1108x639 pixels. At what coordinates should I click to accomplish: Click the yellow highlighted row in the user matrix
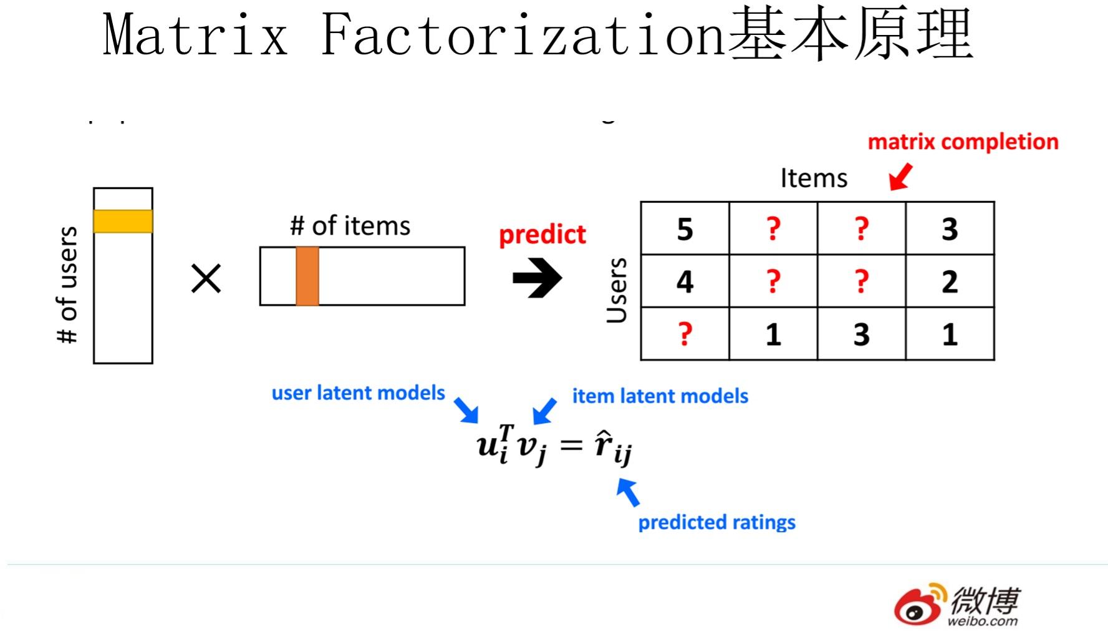[x=123, y=222]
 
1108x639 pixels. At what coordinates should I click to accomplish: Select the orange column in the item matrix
[x=307, y=276]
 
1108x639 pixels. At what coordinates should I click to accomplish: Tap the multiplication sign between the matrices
[x=206, y=278]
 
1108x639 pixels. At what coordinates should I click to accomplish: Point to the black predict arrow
[x=537, y=278]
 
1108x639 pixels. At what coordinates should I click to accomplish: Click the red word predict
[x=542, y=235]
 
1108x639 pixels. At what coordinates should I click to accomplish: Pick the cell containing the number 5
[x=685, y=229]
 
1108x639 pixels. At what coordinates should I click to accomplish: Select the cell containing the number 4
[x=685, y=281]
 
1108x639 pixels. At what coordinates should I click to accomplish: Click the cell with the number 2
[x=949, y=281]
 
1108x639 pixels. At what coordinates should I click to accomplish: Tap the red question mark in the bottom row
[x=685, y=334]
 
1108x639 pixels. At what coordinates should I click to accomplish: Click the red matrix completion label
[x=963, y=142]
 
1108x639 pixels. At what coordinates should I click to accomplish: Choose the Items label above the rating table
[x=814, y=178]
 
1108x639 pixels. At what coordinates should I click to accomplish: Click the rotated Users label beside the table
[x=617, y=290]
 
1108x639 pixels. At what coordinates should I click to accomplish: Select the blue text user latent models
[x=358, y=393]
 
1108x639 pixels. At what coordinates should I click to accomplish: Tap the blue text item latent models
[x=660, y=396]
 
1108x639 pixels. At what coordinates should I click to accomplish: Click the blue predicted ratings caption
[x=716, y=522]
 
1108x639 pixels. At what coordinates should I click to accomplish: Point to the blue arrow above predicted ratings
[x=628, y=492]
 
